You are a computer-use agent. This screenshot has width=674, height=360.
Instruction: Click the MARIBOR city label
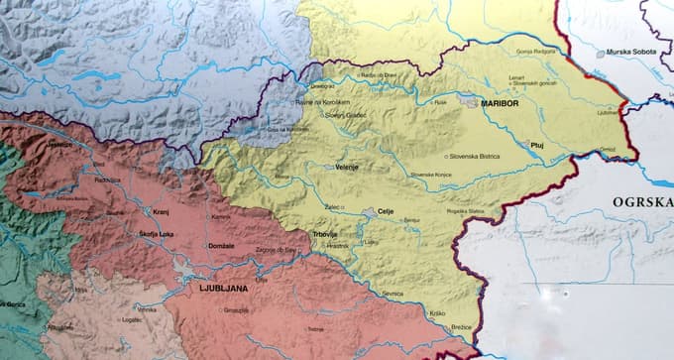coord(502,103)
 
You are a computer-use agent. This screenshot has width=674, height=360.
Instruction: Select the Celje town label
coord(387,211)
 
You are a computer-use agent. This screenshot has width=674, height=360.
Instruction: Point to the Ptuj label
coord(538,144)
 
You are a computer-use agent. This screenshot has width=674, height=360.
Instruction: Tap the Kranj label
coord(161,212)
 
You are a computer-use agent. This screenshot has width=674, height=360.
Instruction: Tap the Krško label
coord(437,313)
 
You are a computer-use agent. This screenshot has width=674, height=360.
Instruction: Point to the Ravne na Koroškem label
coord(321,101)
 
